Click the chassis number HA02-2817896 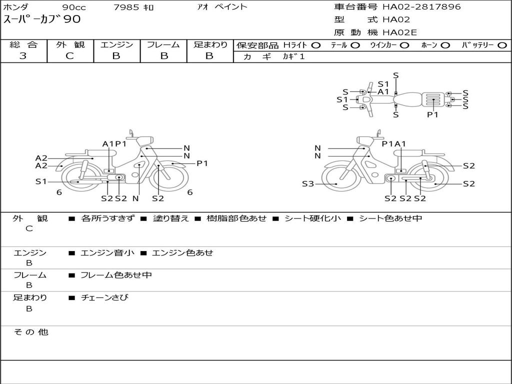(x=421, y=6)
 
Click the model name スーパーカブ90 (x=42, y=19)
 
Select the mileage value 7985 (x=126, y=7)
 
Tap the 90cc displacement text (x=74, y=7)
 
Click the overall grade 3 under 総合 (x=23, y=56)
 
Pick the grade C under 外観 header (x=69, y=56)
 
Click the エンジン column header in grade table (x=116, y=44)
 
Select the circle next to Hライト (x=316, y=45)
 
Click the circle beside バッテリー (x=502, y=45)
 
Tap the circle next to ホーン (x=445, y=45)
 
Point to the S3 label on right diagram (x=307, y=184)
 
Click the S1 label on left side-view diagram (x=41, y=181)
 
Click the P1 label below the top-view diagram (x=432, y=114)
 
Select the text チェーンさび (x=105, y=297)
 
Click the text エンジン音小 (x=107, y=252)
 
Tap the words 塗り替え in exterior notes (x=171, y=218)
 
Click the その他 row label (x=31, y=332)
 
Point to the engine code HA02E (x=399, y=32)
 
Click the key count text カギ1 (x=293, y=56)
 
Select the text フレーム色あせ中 (x=116, y=275)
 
